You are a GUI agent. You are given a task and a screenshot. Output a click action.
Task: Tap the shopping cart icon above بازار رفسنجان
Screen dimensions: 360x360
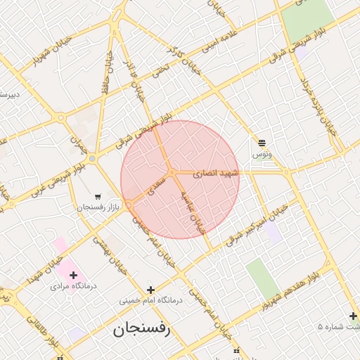point(97,196)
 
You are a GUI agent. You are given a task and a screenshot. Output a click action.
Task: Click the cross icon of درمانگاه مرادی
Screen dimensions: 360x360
point(73,275)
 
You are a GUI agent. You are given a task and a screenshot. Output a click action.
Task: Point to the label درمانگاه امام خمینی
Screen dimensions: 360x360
point(150,300)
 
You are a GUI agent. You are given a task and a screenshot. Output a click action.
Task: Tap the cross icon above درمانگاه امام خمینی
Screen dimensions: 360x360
point(150,289)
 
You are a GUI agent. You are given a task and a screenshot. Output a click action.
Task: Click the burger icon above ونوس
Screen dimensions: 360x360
point(262,142)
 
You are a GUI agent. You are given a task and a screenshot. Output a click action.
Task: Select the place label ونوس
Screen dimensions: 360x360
point(262,153)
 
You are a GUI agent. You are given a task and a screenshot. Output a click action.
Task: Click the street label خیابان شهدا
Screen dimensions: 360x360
point(43,263)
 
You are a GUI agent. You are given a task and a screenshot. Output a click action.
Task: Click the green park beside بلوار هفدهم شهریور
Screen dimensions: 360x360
point(261,278)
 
